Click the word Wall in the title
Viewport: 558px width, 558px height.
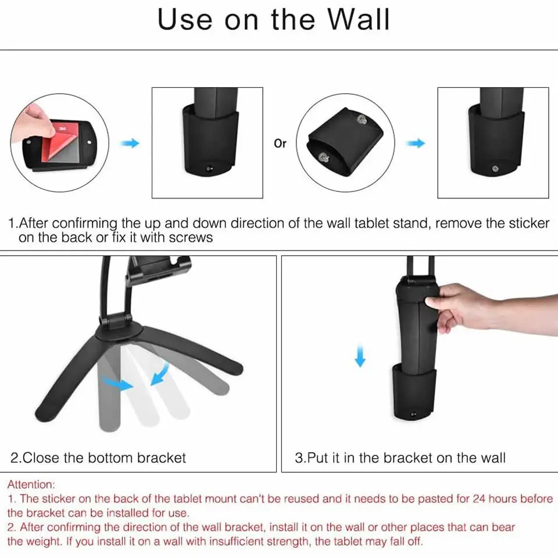pyautogui.click(x=359, y=19)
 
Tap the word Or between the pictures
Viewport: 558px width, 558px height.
pyautogui.click(x=280, y=144)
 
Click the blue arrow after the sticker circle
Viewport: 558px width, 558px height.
pyautogui.click(x=130, y=143)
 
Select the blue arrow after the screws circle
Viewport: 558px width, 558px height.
pyautogui.click(x=416, y=143)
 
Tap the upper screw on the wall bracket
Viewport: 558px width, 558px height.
pyautogui.click(x=363, y=120)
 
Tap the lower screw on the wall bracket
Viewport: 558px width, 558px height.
pyautogui.click(x=324, y=157)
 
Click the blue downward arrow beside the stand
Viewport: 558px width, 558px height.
pyautogui.click(x=360, y=356)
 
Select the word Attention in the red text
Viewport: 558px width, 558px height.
pyautogui.click(x=31, y=484)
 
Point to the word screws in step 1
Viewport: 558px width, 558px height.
pyautogui.click(x=191, y=237)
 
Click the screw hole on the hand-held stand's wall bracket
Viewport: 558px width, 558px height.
pyautogui.click(x=413, y=414)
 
